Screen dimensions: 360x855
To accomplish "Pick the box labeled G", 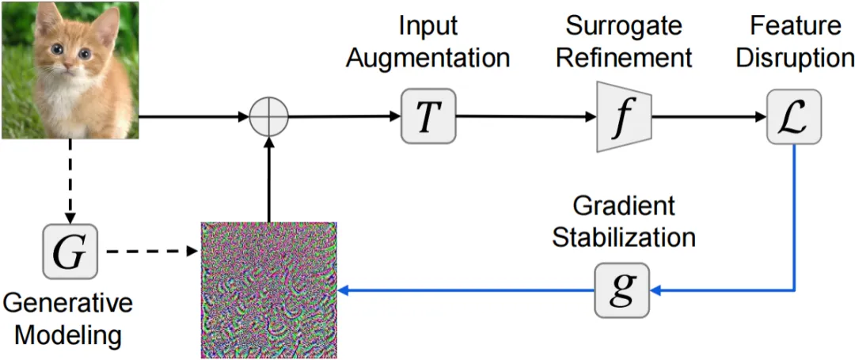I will pos(70,252).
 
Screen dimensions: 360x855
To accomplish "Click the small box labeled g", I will pos(622,290).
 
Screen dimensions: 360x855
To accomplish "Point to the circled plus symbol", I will pos(268,119).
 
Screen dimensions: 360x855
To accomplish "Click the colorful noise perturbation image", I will pos(269,290).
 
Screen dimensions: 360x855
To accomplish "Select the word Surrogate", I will pos(625,26).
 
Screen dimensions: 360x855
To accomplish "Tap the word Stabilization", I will pos(624,237).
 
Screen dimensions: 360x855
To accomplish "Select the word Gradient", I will pos(624,207).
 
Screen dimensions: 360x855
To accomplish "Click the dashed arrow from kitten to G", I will pos(70,182).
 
